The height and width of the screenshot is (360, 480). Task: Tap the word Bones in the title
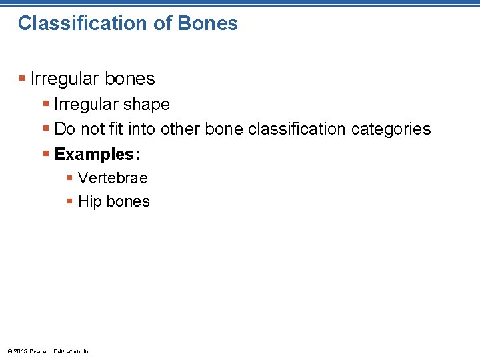click(208, 23)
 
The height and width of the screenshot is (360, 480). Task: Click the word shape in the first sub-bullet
click(147, 105)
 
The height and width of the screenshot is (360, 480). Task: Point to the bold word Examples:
click(97, 154)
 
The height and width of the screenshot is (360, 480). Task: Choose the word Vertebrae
click(113, 178)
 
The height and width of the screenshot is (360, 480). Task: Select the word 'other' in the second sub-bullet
click(181, 129)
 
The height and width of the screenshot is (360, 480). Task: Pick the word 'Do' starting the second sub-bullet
click(64, 129)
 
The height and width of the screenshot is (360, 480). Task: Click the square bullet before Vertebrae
click(70, 179)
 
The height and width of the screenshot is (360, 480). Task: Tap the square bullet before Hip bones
click(70, 202)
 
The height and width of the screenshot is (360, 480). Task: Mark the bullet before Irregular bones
click(23, 79)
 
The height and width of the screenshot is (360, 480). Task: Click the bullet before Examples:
click(46, 155)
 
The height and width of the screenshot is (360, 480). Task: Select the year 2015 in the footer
click(19, 351)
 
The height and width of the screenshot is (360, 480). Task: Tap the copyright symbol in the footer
click(9, 351)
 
